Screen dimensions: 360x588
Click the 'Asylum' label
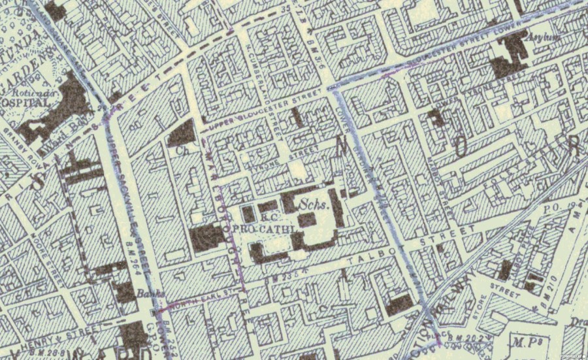click(x=547, y=37)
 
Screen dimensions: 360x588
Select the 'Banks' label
click(x=146, y=295)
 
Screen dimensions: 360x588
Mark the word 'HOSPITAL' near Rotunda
click(x=18, y=103)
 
